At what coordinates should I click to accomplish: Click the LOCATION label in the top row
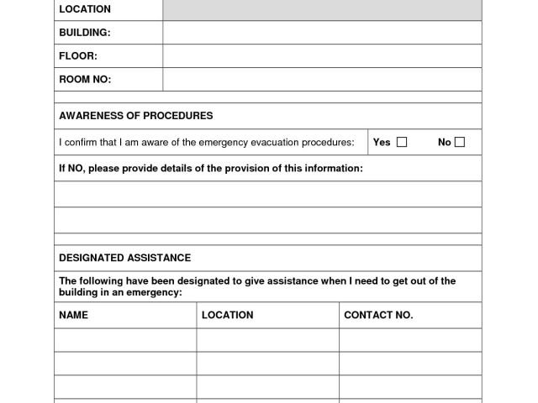[84, 9]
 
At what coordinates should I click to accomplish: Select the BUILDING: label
[84, 33]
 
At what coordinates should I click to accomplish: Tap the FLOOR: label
[78, 56]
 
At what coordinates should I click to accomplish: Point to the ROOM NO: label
[85, 80]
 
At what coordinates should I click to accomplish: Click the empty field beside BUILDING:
[322, 33]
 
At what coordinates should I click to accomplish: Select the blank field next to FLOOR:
[322, 56]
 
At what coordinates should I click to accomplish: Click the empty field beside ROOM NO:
[322, 80]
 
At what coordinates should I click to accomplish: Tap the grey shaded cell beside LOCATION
[322, 9]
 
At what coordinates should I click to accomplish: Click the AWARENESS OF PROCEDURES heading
[135, 115]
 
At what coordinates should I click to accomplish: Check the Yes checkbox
[402, 142]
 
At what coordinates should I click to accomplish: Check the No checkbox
[460, 142]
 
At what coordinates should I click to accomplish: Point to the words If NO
[71, 168]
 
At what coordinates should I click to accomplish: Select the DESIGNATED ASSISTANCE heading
[124, 258]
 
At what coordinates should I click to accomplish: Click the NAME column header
[73, 315]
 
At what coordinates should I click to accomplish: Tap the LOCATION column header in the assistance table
[227, 315]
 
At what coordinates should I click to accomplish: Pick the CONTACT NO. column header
[378, 315]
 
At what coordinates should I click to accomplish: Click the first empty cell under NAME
[125, 340]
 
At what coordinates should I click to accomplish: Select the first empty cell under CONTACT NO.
[410, 340]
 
